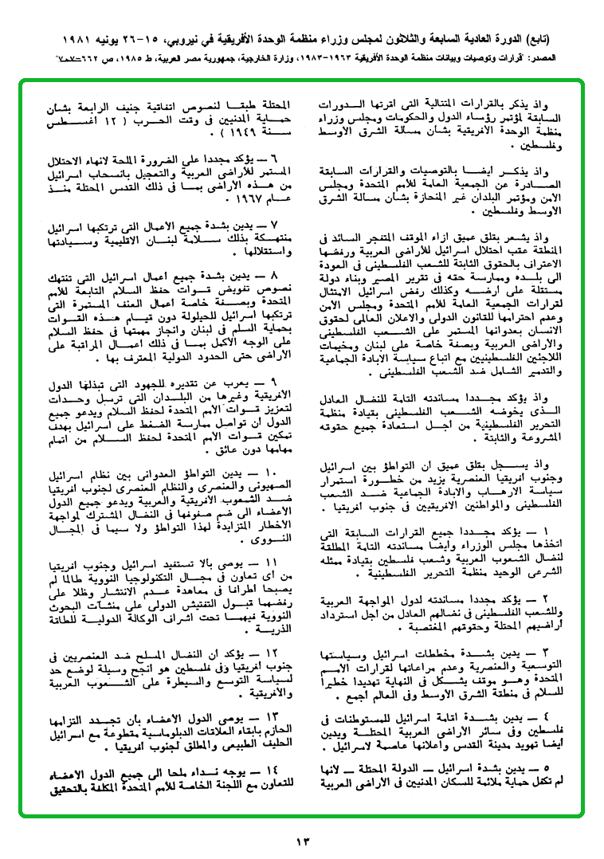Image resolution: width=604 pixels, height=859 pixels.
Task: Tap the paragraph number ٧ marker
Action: (x=275, y=214)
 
